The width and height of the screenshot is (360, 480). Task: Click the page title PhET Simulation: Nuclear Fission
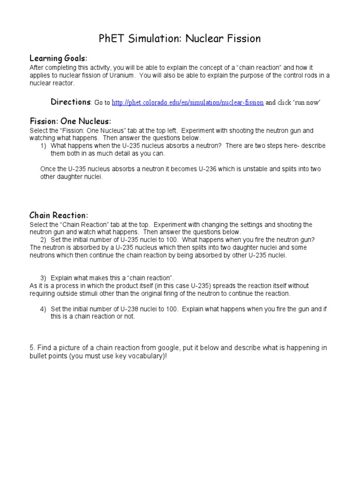click(x=180, y=38)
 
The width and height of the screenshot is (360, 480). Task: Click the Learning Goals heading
click(x=58, y=58)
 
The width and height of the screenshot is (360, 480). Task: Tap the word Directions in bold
click(x=70, y=102)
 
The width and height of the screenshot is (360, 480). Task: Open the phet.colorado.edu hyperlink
click(x=187, y=103)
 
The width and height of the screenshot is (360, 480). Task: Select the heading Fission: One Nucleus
click(x=70, y=121)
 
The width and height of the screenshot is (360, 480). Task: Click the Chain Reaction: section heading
click(x=59, y=215)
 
